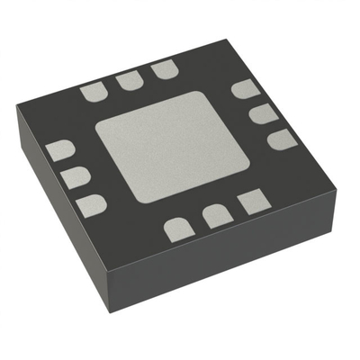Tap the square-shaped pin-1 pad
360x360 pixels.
250,202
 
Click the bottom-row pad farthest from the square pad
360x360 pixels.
178,229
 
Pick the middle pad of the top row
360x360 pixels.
129,81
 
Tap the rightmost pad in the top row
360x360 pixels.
163,70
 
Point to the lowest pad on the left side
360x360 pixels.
91,206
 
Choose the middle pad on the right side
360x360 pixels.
262,113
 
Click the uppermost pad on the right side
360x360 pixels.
244,90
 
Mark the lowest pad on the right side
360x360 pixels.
281,139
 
